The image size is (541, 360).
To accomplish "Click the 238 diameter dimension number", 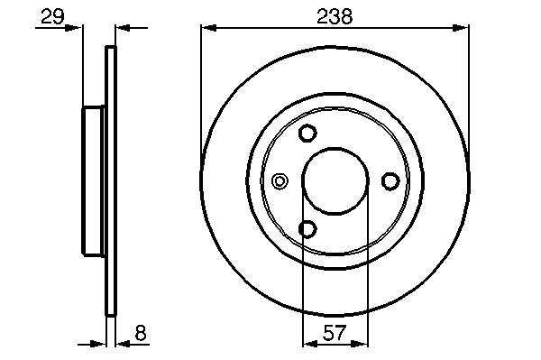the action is click(x=335, y=16).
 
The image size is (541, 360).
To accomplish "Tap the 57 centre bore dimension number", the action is click(x=335, y=333).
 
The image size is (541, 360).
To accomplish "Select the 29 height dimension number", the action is click(x=52, y=16).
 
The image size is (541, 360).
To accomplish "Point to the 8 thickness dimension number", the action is click(x=141, y=333).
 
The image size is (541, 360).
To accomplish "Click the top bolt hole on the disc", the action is click(x=307, y=133).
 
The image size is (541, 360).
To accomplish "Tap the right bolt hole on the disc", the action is click(x=390, y=181).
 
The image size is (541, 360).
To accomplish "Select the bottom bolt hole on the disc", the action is click(x=307, y=229).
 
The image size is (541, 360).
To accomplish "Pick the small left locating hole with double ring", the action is click(x=280, y=180).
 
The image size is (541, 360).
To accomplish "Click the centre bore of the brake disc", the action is click(x=335, y=181).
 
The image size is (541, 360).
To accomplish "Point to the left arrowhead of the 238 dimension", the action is click(x=208, y=28).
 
